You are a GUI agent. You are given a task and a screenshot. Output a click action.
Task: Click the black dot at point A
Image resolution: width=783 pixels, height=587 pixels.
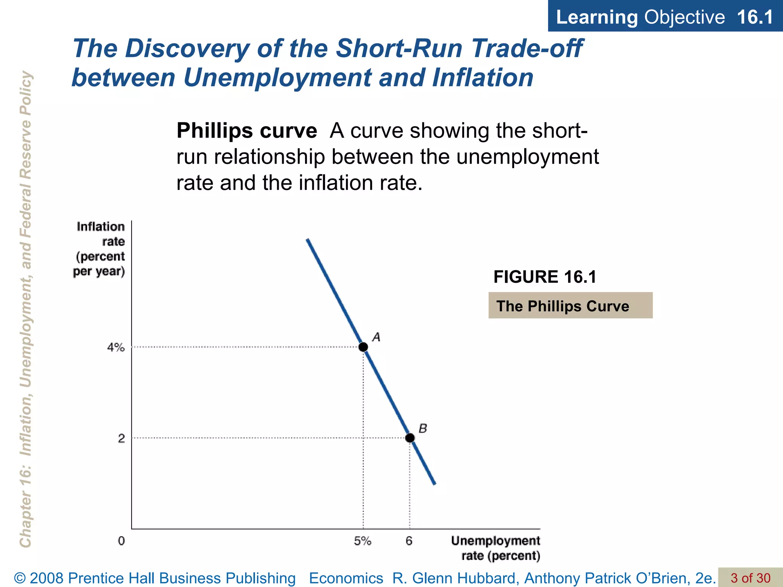(x=363, y=347)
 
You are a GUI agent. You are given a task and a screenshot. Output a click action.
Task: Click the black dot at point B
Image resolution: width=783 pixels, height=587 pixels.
(x=410, y=438)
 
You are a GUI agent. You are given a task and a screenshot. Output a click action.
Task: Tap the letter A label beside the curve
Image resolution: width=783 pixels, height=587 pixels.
(x=376, y=337)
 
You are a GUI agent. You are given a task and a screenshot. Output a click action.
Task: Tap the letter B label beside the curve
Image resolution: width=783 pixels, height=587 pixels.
(x=422, y=428)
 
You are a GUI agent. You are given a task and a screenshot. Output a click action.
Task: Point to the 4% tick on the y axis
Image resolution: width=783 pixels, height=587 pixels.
(x=115, y=347)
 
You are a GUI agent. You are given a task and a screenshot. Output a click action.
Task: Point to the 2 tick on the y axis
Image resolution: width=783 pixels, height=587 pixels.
(x=121, y=438)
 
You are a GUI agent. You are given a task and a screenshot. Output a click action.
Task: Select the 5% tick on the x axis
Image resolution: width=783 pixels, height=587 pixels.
(x=362, y=541)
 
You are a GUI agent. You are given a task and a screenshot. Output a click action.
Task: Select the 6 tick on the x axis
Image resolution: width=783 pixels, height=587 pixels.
(x=409, y=541)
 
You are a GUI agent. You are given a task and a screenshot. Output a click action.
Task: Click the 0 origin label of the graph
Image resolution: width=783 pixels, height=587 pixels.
(x=121, y=541)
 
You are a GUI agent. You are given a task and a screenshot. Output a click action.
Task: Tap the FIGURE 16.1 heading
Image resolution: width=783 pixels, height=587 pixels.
(x=545, y=277)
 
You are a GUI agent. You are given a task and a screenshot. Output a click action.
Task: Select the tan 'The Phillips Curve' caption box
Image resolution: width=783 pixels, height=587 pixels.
(x=570, y=306)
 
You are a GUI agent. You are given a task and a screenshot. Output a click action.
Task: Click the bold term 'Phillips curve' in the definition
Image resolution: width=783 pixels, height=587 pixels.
(x=247, y=131)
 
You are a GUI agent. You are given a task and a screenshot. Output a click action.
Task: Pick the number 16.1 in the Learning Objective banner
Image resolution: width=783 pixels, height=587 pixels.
(x=754, y=17)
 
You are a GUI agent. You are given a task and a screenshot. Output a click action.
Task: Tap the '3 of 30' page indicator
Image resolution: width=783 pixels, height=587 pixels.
(x=750, y=578)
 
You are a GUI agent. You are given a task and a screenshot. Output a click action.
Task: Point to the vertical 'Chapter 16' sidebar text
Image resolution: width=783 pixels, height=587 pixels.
(x=25, y=310)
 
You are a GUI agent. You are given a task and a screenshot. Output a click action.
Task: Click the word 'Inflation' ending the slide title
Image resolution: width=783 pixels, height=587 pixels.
(x=482, y=78)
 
